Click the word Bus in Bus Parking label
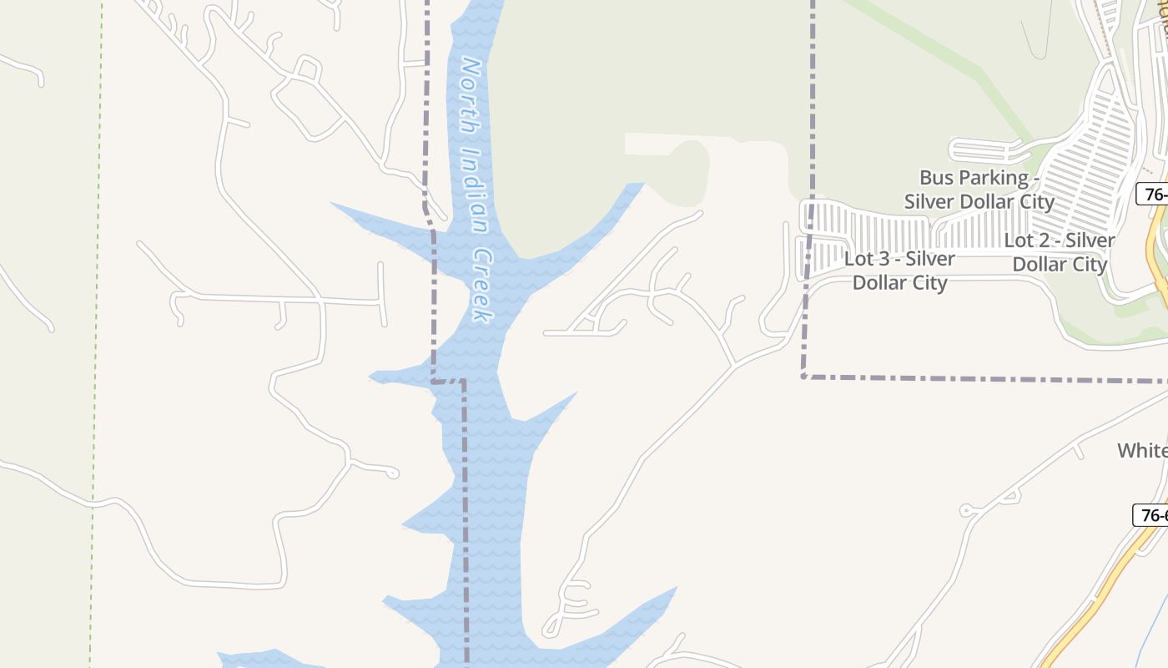[x=937, y=178]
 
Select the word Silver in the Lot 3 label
[x=931, y=259]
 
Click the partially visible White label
[x=1142, y=451]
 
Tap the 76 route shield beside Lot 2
[x=1153, y=195]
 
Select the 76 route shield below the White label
[x=1151, y=515]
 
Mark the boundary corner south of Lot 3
[x=804, y=377]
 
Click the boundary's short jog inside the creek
[x=449, y=381]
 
